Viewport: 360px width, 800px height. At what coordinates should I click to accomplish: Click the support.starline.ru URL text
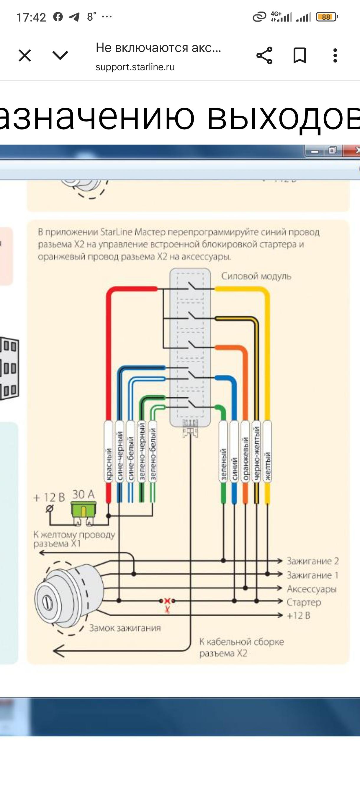point(135,67)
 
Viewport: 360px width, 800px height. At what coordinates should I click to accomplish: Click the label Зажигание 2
point(312,561)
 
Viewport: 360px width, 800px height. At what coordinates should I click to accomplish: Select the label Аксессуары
point(312,589)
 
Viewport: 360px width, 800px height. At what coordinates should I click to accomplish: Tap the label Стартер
point(304,602)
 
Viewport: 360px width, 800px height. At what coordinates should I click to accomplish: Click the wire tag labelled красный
point(108,452)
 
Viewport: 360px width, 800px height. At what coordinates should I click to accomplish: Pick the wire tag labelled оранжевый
point(246,452)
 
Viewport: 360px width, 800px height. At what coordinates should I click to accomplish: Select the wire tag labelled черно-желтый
point(256,452)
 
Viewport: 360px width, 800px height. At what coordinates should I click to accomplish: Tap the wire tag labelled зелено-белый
point(153,452)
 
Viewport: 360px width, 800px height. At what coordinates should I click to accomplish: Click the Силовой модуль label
point(256,276)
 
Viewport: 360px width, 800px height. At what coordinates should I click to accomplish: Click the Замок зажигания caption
point(125,628)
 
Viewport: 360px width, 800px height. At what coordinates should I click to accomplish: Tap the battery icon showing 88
point(326,17)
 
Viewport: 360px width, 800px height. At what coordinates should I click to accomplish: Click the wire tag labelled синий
point(235,452)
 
